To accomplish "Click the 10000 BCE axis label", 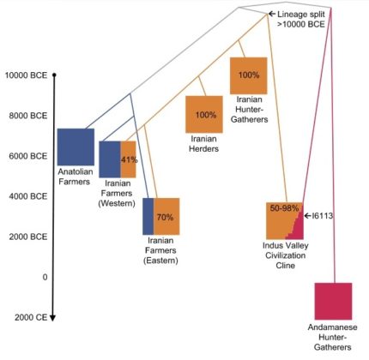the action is (x=26, y=75).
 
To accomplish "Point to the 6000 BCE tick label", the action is (x=27, y=156).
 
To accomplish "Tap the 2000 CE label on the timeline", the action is (x=31, y=317).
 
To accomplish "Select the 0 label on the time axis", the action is (x=45, y=277).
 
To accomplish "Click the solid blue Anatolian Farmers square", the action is (x=76, y=147).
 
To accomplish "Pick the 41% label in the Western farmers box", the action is (x=129, y=159).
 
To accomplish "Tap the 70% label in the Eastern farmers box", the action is (x=165, y=218).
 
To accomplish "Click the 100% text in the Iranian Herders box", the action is (x=206, y=115).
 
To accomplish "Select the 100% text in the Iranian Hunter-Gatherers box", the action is (x=249, y=75).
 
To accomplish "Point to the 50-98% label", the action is (x=284, y=208).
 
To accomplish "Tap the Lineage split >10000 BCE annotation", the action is (x=301, y=19).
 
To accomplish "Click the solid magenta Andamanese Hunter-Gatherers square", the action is (x=333, y=301).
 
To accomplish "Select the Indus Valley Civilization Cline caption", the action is (x=286, y=255).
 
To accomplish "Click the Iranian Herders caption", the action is (x=204, y=144).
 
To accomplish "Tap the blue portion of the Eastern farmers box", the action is (x=148, y=216).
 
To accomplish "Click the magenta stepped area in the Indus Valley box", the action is (x=297, y=227).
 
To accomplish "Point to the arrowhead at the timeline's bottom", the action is (x=52, y=318).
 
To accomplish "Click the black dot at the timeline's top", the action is (x=54, y=75).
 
